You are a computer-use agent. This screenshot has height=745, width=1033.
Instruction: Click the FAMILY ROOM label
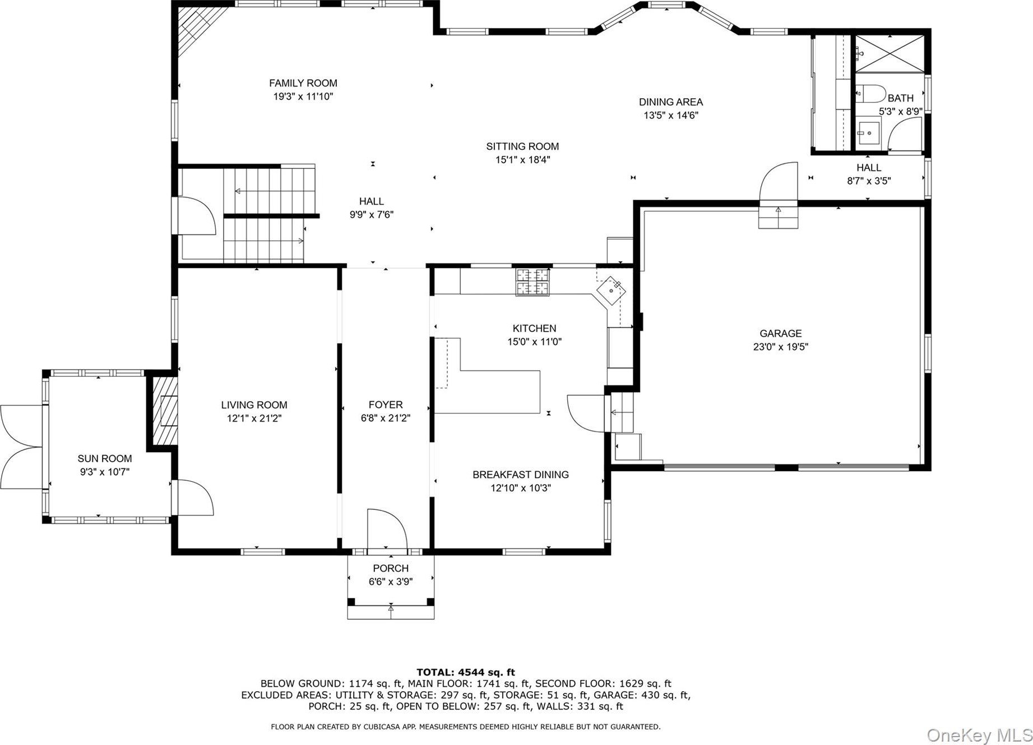[303, 83]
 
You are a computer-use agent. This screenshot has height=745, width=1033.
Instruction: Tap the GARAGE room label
[780, 333]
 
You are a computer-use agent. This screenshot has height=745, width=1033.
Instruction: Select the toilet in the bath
[870, 93]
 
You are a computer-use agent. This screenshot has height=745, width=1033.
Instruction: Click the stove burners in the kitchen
[533, 282]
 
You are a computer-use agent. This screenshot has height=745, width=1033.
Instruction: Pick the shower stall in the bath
[889, 53]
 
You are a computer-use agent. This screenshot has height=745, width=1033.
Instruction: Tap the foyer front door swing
[387, 528]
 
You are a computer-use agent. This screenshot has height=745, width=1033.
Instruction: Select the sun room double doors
[21, 447]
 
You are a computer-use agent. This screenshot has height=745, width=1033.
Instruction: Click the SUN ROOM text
[105, 458]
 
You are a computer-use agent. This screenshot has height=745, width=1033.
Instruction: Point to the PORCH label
[391, 568]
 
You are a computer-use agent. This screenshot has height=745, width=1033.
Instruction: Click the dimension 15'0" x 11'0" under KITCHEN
[534, 342]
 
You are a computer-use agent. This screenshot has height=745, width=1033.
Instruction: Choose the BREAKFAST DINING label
[521, 475]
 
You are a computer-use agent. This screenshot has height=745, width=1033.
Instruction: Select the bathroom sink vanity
[869, 134]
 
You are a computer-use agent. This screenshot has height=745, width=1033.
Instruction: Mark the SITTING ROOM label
[522, 146]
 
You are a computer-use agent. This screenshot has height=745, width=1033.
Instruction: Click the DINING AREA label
[671, 102]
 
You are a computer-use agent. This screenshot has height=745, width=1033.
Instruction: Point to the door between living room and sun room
[193, 497]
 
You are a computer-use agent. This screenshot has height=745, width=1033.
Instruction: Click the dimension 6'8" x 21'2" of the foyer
[386, 418]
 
